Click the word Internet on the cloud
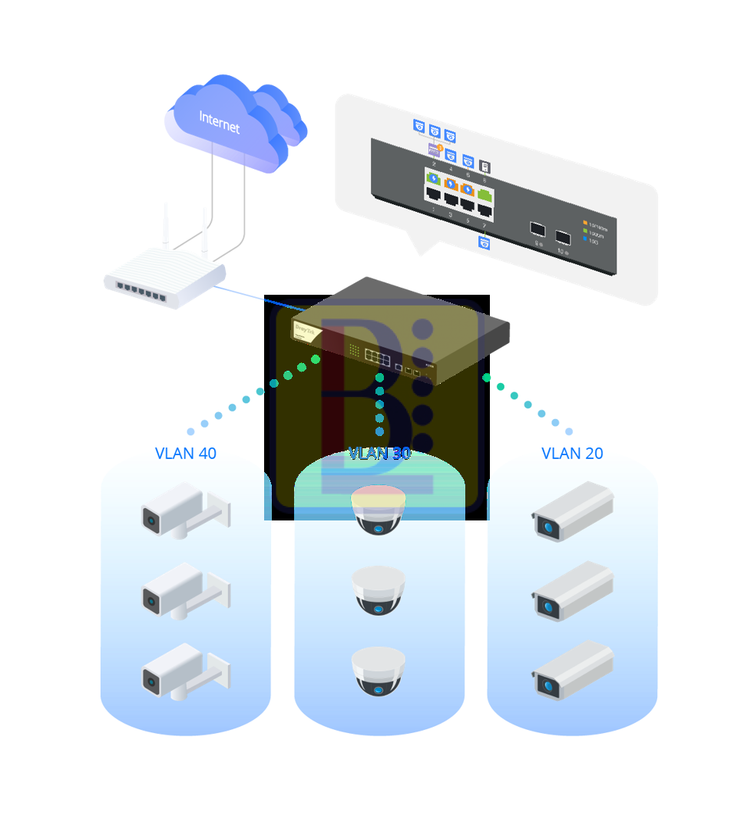[x=220, y=122]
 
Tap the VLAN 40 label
[x=186, y=453]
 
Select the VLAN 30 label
[x=379, y=453]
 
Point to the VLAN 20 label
[x=572, y=453]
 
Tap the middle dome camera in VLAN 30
[x=379, y=591]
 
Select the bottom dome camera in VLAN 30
[x=379, y=672]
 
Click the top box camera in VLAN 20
[x=574, y=510]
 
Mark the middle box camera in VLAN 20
[x=574, y=590]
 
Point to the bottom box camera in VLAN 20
[x=574, y=669]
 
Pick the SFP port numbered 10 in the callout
[x=563, y=236]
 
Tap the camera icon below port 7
[x=484, y=243]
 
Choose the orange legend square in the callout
[x=585, y=223]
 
